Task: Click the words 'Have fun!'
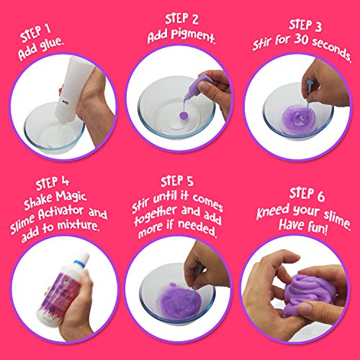pyautogui.click(x=310, y=232)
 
